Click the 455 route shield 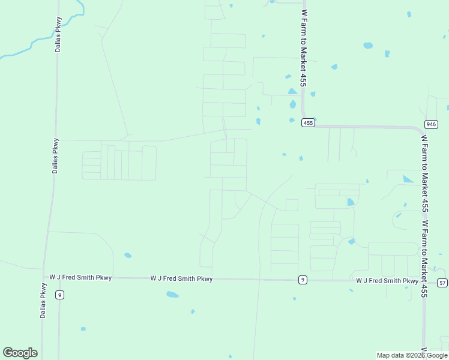click(x=308, y=123)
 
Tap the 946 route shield click(x=431, y=124)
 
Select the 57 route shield click(x=442, y=283)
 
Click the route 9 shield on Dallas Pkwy click(x=59, y=295)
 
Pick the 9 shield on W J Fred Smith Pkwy click(x=303, y=280)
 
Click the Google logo click(x=20, y=353)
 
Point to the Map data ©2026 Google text click(x=412, y=355)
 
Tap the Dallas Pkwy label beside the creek click(x=58, y=34)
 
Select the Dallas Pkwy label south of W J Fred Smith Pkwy click(x=43, y=300)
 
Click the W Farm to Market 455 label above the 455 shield click(x=304, y=48)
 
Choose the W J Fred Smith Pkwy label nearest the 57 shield click(x=387, y=281)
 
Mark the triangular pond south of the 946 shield click(x=408, y=179)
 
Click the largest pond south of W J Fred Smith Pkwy click(x=172, y=295)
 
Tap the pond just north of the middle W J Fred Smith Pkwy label click(x=128, y=256)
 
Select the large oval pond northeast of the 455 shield click(x=368, y=45)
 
